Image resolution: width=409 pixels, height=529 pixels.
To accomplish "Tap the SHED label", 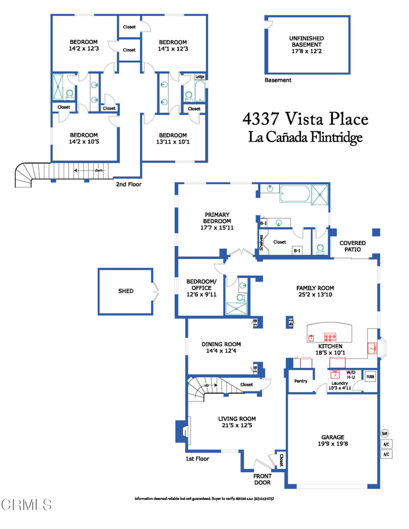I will (126, 291).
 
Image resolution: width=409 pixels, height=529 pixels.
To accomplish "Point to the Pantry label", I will (300, 381).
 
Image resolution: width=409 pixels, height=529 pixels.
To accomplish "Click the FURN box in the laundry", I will (370, 377).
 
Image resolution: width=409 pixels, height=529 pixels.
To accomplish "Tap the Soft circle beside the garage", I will (385, 433).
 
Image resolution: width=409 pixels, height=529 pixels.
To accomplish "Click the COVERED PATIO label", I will (353, 246).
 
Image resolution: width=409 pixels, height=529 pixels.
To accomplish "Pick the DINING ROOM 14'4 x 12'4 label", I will (221, 347).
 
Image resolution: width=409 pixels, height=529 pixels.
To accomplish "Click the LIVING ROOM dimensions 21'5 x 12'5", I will (237, 426).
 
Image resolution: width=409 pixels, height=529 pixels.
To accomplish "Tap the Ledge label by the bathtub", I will (200, 77).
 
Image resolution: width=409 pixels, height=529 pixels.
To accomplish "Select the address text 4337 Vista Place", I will (306, 119).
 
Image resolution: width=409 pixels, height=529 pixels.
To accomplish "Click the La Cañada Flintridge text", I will (306, 137).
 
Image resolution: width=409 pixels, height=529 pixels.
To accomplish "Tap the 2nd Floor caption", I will (129, 184).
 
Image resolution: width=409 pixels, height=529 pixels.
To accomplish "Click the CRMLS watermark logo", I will (26, 503).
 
